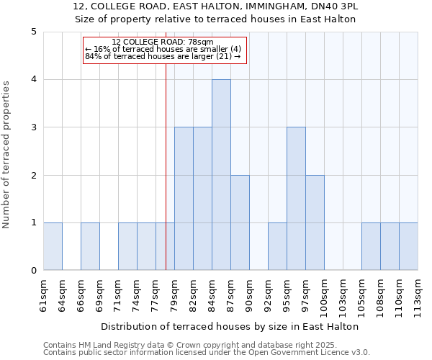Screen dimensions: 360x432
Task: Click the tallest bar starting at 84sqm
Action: pyautogui.click(x=221, y=175)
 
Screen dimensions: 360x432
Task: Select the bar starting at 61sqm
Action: pyautogui.click(x=53, y=246)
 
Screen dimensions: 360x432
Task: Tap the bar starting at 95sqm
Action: pyautogui.click(x=296, y=199)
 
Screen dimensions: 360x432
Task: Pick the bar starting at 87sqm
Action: pyautogui.click(x=240, y=222)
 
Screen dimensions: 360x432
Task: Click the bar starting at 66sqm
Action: pyautogui.click(x=90, y=246)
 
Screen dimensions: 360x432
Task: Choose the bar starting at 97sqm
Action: pyautogui.click(x=315, y=222)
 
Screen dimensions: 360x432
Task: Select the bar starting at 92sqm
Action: pyautogui.click(x=277, y=246)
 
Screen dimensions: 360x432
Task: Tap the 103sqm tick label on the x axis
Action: pyautogui.click(x=343, y=295)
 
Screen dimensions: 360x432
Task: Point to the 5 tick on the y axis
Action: pyautogui.click(x=34, y=32)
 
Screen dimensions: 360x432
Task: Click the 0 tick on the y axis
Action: pyautogui.click(x=34, y=271)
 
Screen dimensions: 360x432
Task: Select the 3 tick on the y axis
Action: pyautogui.click(x=34, y=127)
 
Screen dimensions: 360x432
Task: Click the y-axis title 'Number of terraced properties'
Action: pyautogui.click(x=7, y=155)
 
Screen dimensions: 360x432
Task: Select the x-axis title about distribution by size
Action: pyautogui.click(x=230, y=326)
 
